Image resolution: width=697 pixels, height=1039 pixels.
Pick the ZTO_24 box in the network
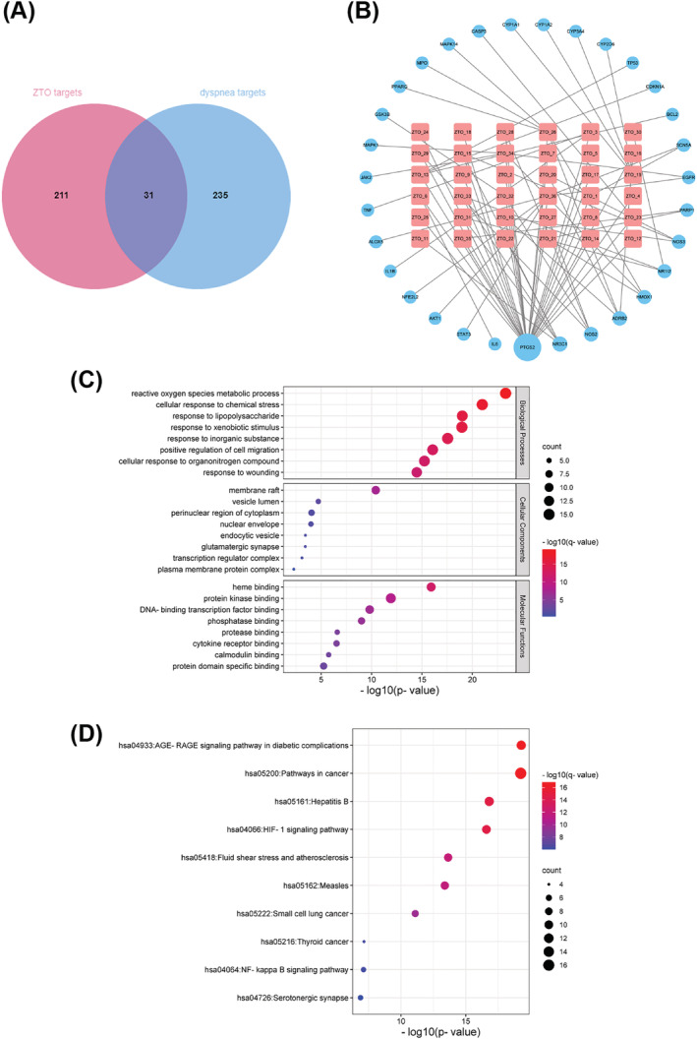420,132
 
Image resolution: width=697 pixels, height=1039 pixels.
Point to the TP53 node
632,63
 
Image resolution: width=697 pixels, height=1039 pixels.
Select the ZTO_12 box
633,239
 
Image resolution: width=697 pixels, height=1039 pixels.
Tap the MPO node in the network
422,62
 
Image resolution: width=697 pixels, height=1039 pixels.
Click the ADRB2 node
618,320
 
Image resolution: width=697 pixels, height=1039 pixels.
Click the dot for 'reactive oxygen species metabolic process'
505,394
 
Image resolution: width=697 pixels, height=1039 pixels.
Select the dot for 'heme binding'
431,587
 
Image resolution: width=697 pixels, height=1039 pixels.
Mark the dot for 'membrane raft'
376,490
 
